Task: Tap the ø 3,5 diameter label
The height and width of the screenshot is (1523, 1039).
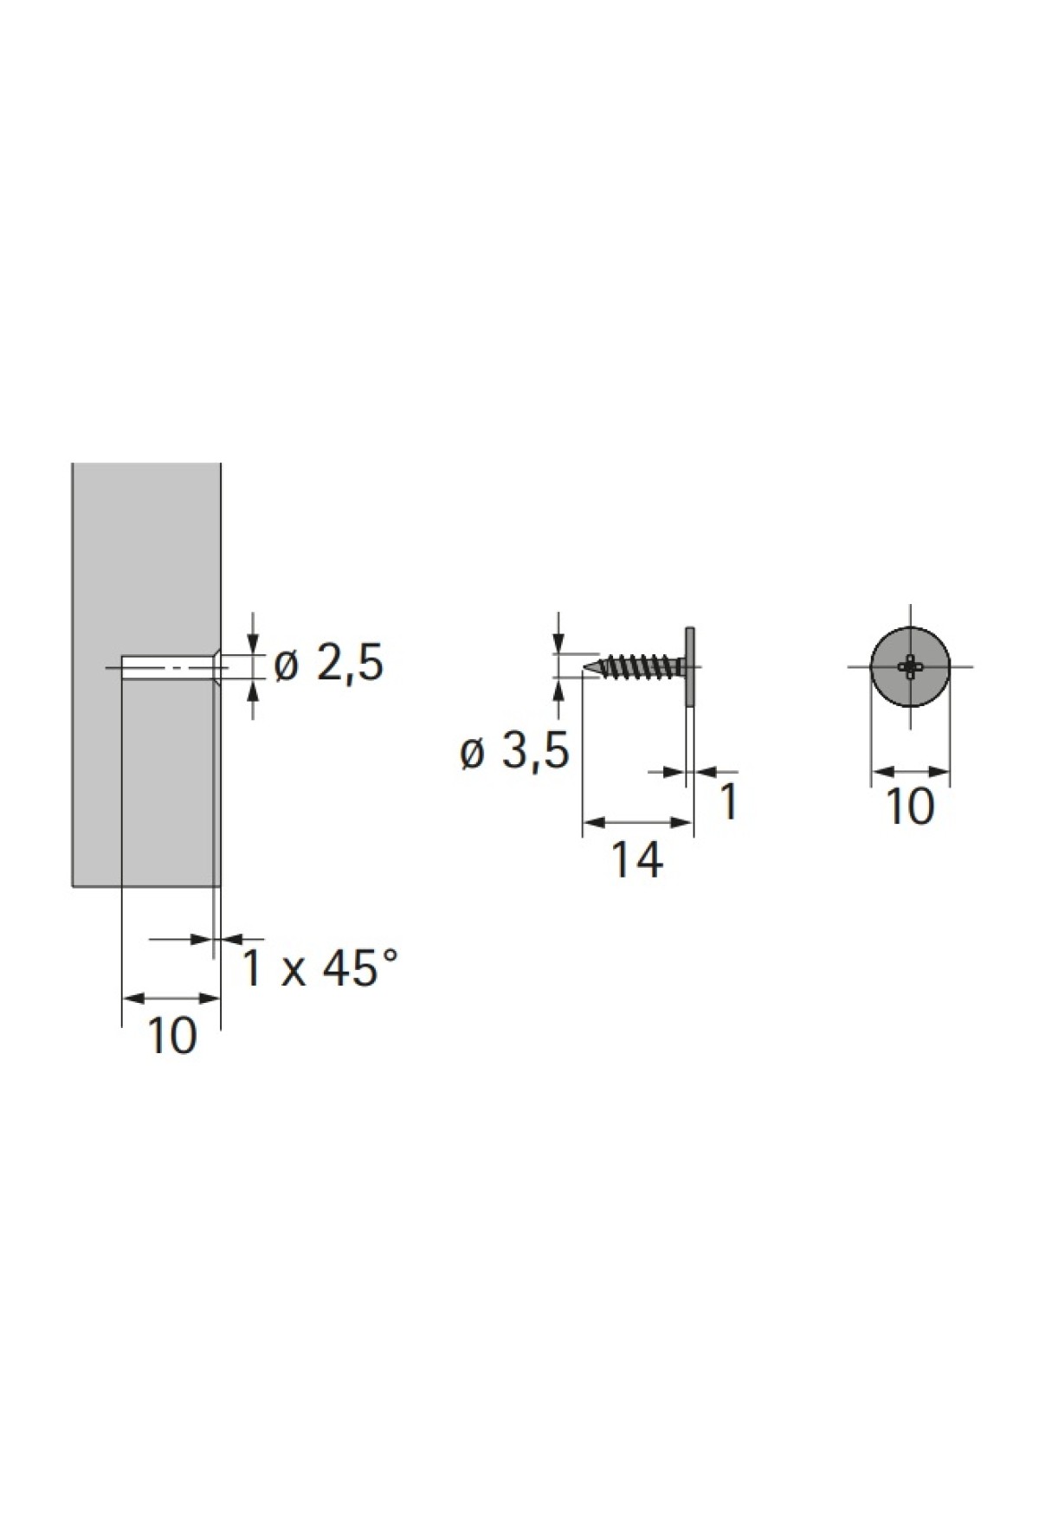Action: (514, 752)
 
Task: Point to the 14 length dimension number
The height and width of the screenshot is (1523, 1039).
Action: (637, 860)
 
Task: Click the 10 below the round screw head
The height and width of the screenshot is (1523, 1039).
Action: (911, 806)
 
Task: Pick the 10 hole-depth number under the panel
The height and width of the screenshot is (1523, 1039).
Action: (173, 1035)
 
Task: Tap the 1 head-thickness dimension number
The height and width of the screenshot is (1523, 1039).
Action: (729, 801)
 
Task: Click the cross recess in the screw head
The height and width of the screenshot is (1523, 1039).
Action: (910, 665)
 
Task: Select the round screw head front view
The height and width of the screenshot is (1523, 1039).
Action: (910, 665)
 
